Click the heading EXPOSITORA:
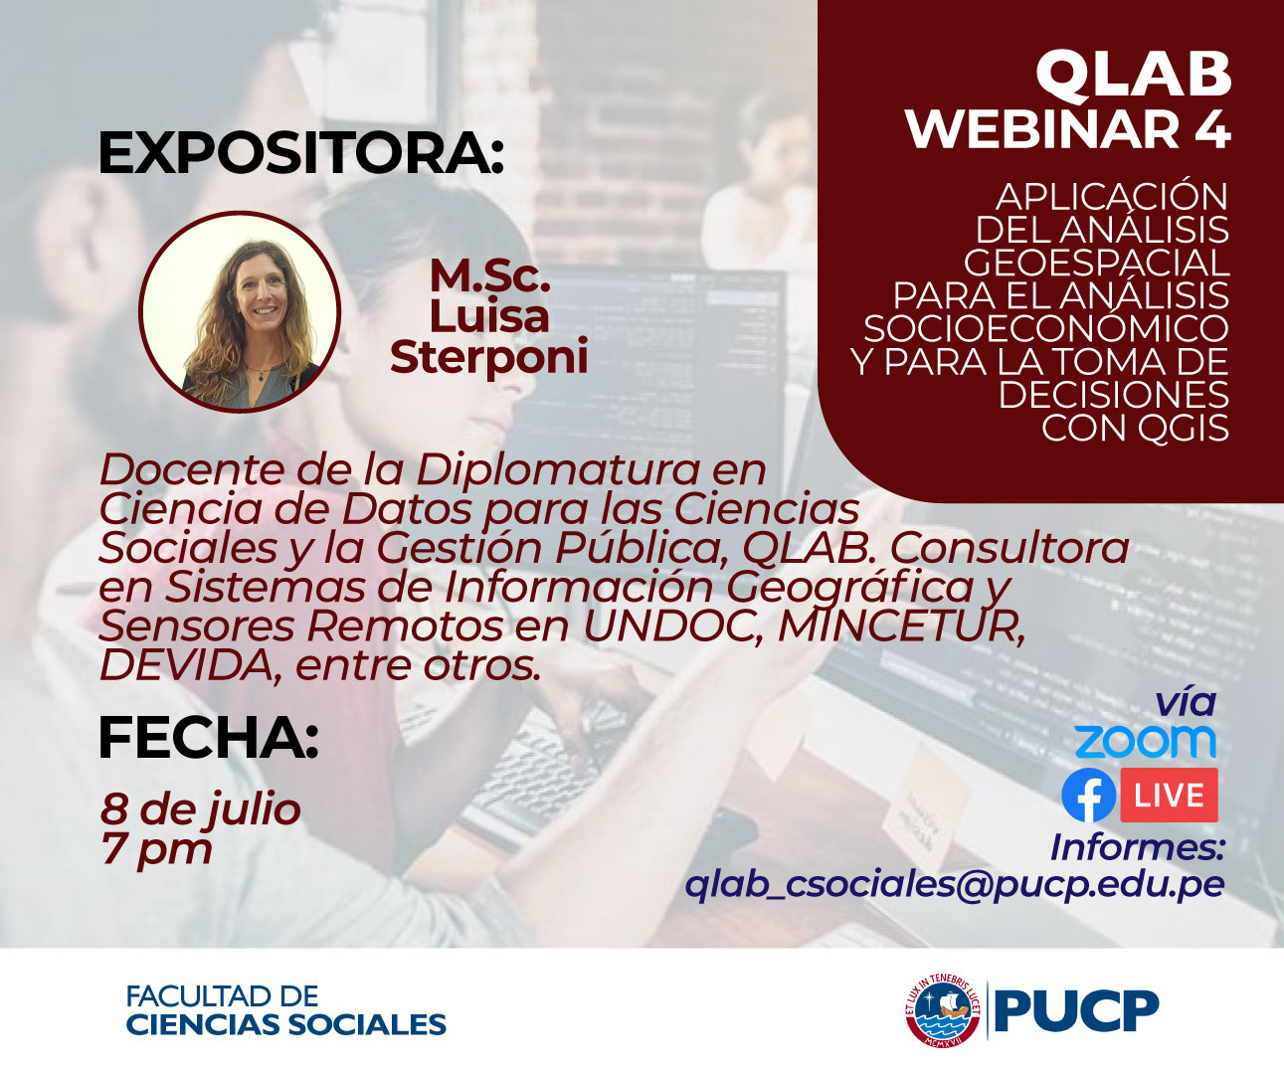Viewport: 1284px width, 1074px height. coord(300,154)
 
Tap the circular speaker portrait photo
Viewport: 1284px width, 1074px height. coord(240,311)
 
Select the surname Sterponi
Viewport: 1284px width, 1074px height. coord(488,358)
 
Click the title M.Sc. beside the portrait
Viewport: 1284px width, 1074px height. coord(489,276)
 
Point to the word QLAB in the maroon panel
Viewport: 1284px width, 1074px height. coord(1133,74)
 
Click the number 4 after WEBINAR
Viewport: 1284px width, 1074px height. coord(1211,129)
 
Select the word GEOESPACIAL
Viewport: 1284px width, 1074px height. coord(1096,263)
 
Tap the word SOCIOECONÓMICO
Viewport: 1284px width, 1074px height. coord(1045,328)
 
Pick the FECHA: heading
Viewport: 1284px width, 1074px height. coord(208,738)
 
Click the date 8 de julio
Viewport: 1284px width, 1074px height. coord(200,808)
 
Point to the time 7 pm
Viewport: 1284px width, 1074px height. coord(156,850)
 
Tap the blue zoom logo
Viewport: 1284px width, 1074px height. coord(1145,742)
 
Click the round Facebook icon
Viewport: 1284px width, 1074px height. coord(1088,796)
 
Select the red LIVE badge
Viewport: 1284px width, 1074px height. coord(1169,796)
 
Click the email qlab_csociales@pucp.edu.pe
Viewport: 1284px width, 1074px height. coord(954,885)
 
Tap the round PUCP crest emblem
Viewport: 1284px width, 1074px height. coord(943,1010)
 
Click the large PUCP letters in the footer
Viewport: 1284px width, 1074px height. coord(1076,1011)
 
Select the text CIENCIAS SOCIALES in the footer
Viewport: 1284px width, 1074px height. coord(285,1024)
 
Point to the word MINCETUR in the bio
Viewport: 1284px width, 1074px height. coord(900,626)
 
